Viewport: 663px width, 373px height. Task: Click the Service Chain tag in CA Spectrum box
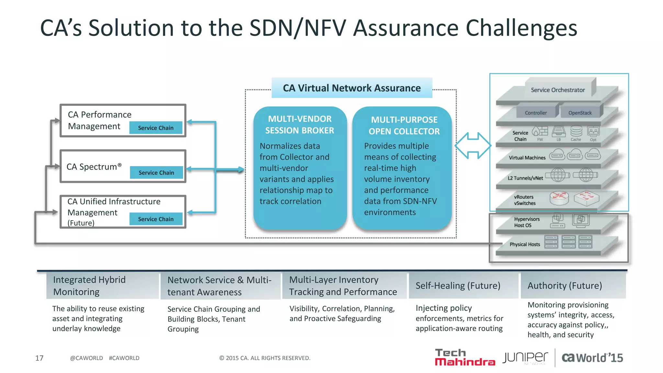pyautogui.click(x=156, y=173)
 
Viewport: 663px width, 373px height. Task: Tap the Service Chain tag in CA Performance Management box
pyautogui.click(x=156, y=128)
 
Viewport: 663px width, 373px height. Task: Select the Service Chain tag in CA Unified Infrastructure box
pyautogui.click(x=156, y=219)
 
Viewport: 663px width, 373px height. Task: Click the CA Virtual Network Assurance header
pyautogui.click(x=352, y=88)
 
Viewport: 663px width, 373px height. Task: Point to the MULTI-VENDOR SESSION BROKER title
pyautogui.click(x=300, y=125)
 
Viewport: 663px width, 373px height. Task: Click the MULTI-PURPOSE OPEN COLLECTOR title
pyautogui.click(x=404, y=126)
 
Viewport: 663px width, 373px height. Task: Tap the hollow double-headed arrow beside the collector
pyautogui.click(x=473, y=146)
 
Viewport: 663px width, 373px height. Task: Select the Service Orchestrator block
pyautogui.click(x=558, y=90)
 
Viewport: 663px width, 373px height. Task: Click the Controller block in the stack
pyautogui.click(x=536, y=113)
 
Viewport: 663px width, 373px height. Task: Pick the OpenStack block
pyautogui.click(x=580, y=113)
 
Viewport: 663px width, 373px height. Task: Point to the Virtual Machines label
pyautogui.click(x=527, y=158)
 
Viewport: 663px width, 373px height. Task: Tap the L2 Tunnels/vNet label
pyautogui.click(x=525, y=178)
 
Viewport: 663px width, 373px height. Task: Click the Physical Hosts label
pyautogui.click(x=525, y=244)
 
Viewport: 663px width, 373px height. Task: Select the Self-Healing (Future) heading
pyautogui.click(x=458, y=286)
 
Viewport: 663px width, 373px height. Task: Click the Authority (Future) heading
pyautogui.click(x=565, y=286)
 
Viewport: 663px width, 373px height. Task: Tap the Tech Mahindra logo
pyautogui.click(x=465, y=357)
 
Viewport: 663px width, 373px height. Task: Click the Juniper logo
pyautogui.click(x=525, y=357)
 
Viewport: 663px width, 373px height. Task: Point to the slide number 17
pyautogui.click(x=39, y=358)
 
